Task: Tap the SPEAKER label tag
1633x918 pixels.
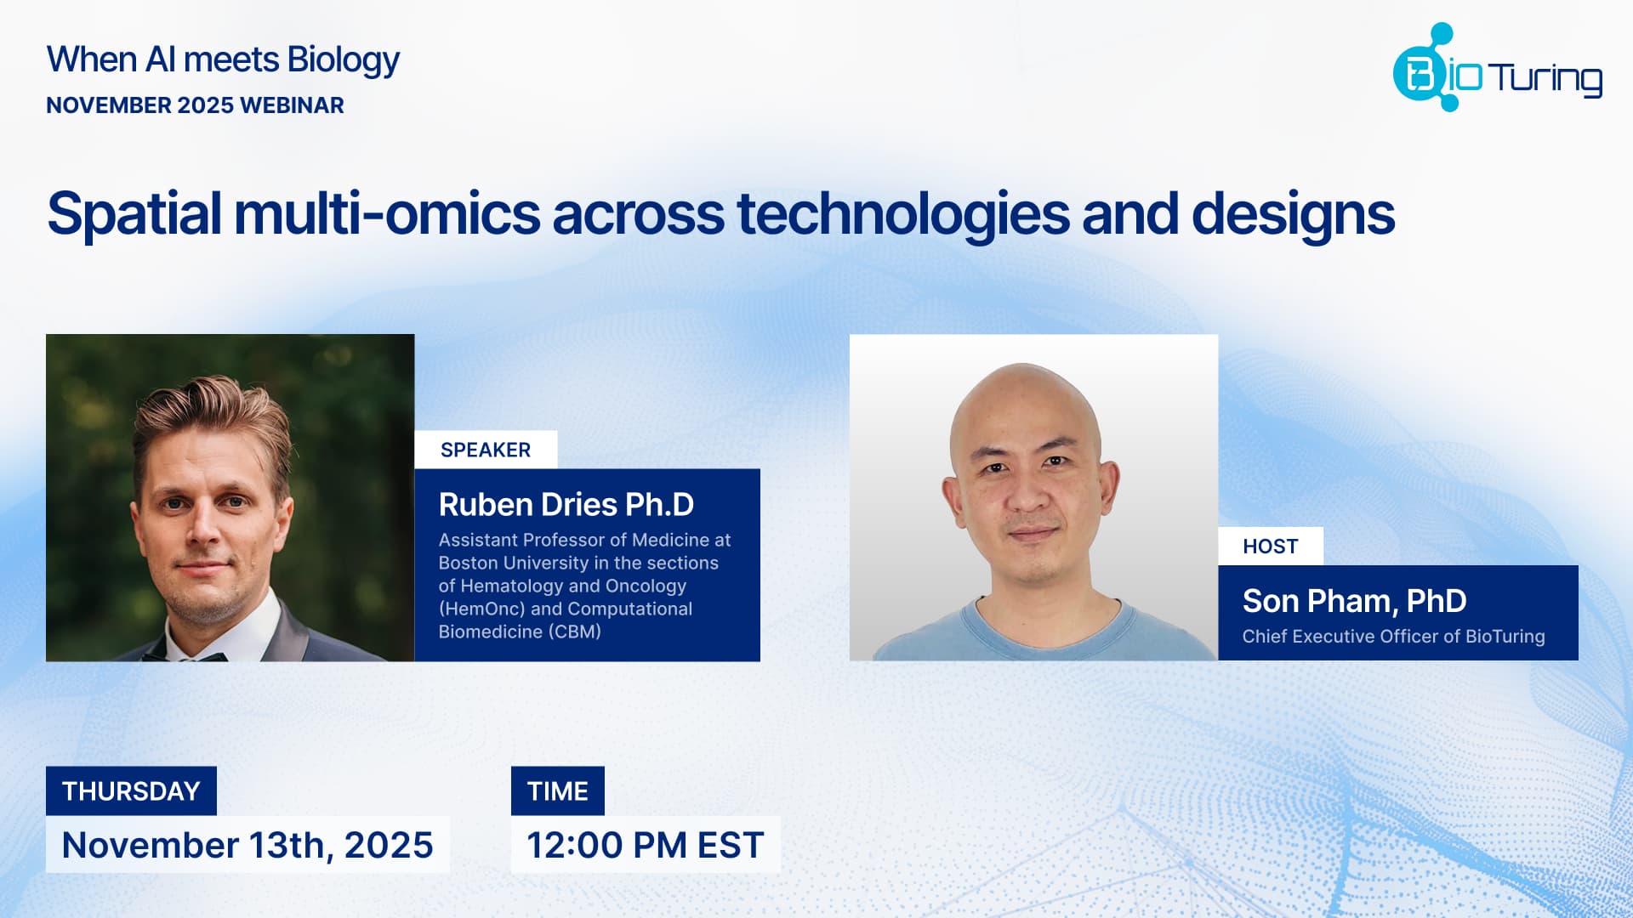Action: (486, 450)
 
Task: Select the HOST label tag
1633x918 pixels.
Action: (1270, 547)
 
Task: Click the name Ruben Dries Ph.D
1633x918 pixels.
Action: (566, 505)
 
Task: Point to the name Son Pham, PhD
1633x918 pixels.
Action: (1354, 601)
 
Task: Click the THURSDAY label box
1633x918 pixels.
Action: (131, 791)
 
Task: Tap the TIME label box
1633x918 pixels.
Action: (557, 791)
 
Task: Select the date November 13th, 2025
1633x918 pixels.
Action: (248, 846)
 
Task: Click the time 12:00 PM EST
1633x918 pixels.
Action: (645, 846)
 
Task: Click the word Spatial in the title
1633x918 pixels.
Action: (134, 214)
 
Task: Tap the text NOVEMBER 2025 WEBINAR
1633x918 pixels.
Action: (195, 105)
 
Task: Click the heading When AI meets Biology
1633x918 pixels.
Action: (223, 59)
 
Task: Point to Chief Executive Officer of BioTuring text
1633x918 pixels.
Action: (1393, 637)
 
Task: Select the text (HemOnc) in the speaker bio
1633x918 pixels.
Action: (481, 609)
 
